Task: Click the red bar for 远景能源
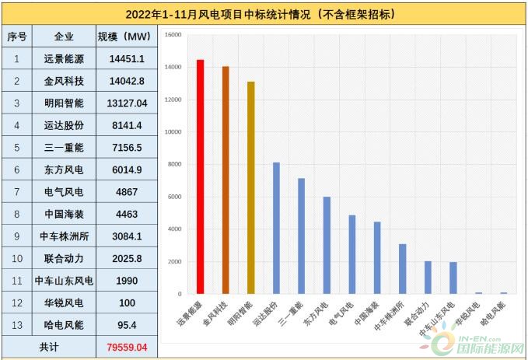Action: pyautogui.click(x=200, y=177)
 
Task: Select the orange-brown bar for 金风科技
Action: pyautogui.click(x=226, y=180)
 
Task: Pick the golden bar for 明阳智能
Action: pyautogui.click(x=250, y=188)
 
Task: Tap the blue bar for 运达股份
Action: pyautogui.click(x=276, y=229)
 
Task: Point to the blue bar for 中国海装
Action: pyautogui.click(x=377, y=258)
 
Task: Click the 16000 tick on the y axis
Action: pyautogui.click(x=173, y=35)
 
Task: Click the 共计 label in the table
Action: pyautogui.click(x=48, y=348)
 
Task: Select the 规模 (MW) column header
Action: pyautogui.click(x=125, y=37)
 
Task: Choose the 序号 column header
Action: pyautogui.click(x=17, y=37)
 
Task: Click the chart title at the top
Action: pyautogui.click(x=264, y=14)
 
